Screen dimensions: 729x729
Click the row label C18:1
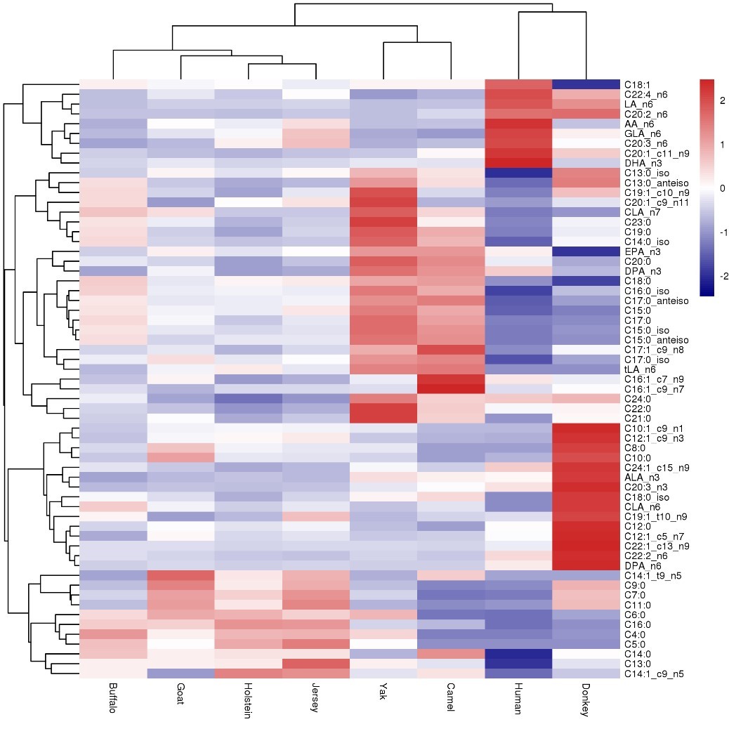tap(635, 84)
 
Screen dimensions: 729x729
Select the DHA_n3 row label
tap(638, 163)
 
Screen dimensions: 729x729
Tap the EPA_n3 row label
tap(638, 251)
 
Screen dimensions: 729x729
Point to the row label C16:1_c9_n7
tap(652, 389)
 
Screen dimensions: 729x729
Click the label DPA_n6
tap(639, 566)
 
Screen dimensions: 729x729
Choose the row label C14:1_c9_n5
tap(653, 674)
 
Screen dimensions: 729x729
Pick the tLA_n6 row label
tap(636, 369)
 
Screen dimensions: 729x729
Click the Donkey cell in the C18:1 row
tap(586, 84)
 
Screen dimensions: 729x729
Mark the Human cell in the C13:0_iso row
tap(518, 173)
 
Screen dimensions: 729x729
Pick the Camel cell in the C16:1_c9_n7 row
tap(451, 389)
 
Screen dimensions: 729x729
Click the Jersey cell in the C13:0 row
tap(315, 664)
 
